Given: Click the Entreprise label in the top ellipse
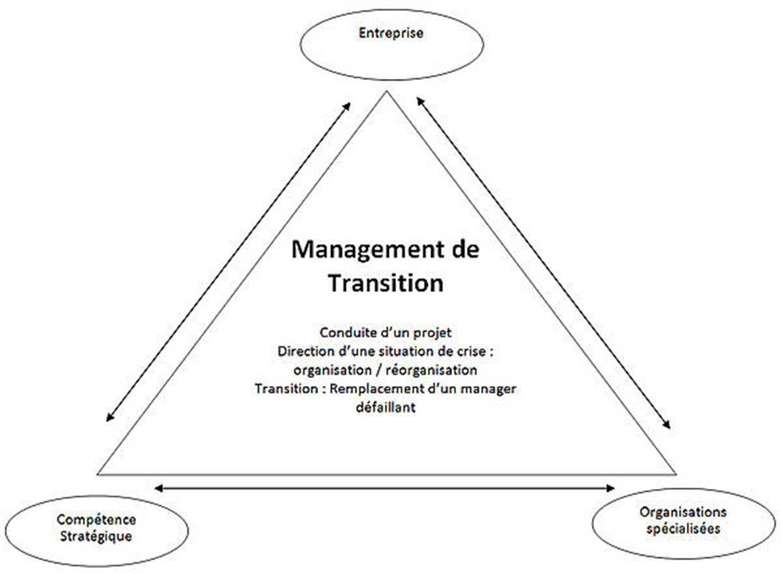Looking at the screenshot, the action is pos(391,34).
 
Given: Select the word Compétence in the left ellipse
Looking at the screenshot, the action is pos(96,519).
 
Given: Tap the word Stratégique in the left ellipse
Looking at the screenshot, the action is pos(96,537).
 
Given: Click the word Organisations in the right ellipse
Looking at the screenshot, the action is pos(683,512).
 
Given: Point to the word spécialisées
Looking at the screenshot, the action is pos(683,528).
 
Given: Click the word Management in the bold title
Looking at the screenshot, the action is pos(367,250).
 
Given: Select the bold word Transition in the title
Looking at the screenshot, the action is pos(386,283).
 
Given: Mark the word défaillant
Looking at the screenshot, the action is pos(386,407).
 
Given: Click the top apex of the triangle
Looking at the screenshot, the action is pos(387,91).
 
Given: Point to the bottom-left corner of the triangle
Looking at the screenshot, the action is pos(98,474).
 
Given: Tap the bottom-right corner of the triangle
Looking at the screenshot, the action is pos(676,474).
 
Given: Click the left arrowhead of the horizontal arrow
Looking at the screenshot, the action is pos(159,488).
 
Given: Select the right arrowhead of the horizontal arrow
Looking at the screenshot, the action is pos(611,488).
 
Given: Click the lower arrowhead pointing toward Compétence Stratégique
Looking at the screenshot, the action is pos(109,418).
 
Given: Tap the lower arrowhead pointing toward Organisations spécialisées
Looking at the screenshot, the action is pos(666,424).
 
